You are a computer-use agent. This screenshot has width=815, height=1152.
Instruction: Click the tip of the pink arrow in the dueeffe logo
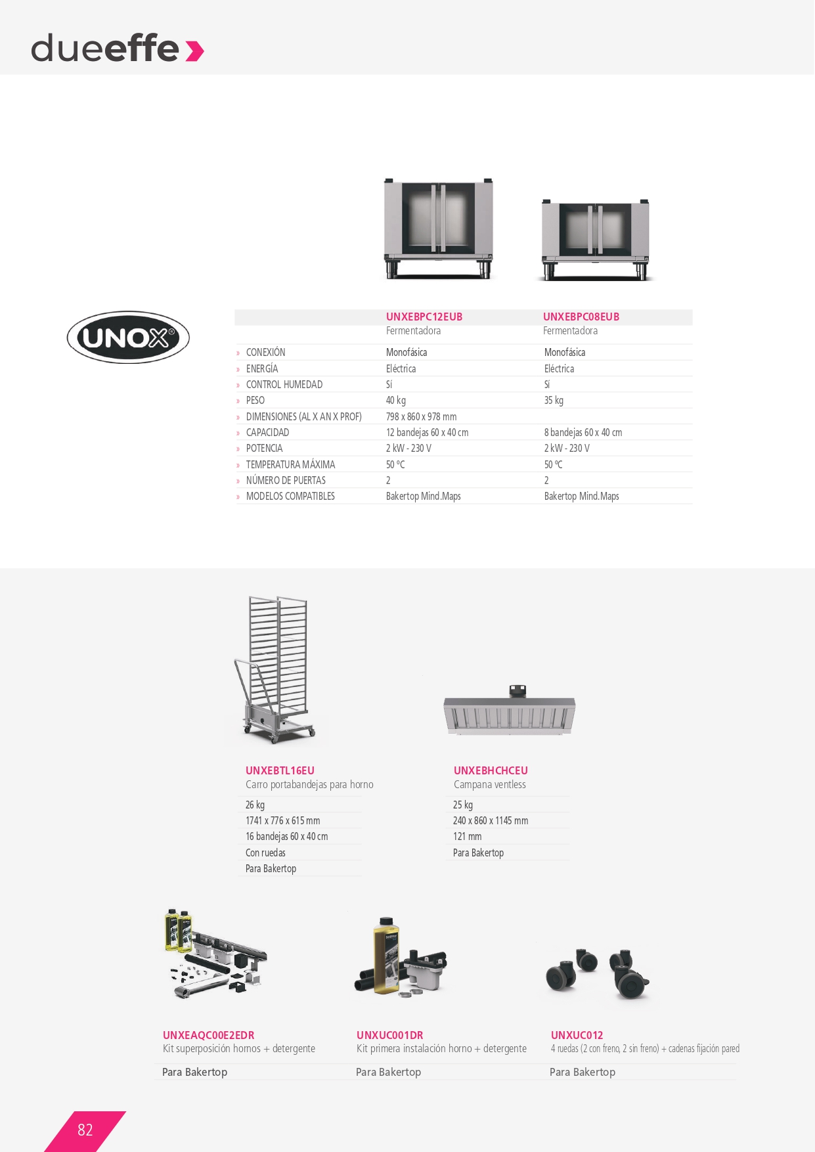coord(204,51)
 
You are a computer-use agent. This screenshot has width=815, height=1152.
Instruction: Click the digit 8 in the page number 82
coord(81,1130)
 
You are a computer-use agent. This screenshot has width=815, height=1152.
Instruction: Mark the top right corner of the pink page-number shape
coord(126,1111)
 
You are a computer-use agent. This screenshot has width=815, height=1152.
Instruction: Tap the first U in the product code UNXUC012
coord(555,1035)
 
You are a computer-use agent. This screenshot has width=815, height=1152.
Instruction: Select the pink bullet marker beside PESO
coord(238,401)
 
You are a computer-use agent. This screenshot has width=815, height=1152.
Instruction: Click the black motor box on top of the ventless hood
coord(518,690)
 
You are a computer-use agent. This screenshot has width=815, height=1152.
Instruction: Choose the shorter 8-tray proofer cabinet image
coord(596,240)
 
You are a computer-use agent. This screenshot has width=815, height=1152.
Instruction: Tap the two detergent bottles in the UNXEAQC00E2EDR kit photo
coord(178,930)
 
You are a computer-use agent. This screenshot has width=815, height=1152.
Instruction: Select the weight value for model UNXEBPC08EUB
coord(554,401)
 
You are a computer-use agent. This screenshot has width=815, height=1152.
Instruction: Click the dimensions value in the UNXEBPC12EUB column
coord(421,416)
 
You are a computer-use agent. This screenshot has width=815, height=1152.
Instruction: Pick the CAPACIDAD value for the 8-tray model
coord(583,432)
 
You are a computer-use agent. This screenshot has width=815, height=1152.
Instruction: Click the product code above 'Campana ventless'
coord(491,770)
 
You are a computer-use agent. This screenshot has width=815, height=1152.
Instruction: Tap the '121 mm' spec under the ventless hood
coord(467,836)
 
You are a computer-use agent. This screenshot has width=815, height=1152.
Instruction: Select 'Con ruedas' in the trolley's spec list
coord(265,853)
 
